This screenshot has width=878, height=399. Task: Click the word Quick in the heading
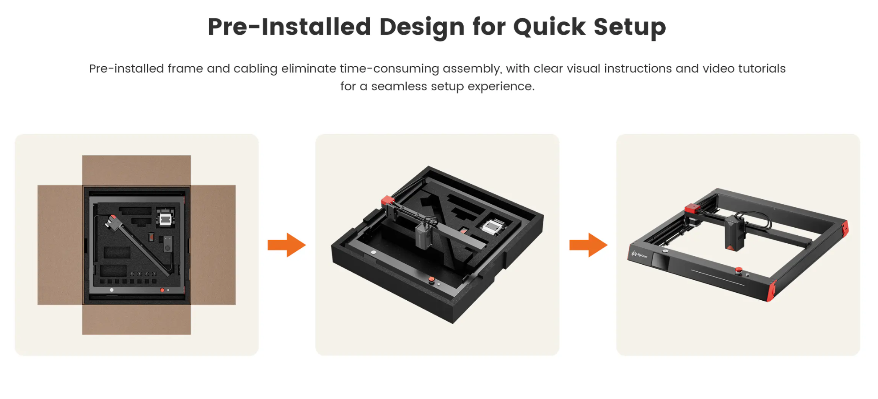click(549, 27)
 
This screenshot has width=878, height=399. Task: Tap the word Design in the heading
click(422, 27)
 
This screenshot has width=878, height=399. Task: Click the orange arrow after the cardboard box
click(287, 245)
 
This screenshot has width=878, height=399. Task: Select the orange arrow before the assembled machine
click(588, 245)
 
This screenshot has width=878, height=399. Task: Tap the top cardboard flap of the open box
click(137, 170)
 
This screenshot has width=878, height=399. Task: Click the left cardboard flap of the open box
click(60, 245)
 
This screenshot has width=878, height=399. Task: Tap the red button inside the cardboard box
click(162, 290)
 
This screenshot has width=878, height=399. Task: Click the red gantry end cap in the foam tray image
click(388, 201)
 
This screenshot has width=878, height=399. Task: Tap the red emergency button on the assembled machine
click(739, 270)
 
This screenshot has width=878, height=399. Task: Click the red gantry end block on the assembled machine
click(692, 208)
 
